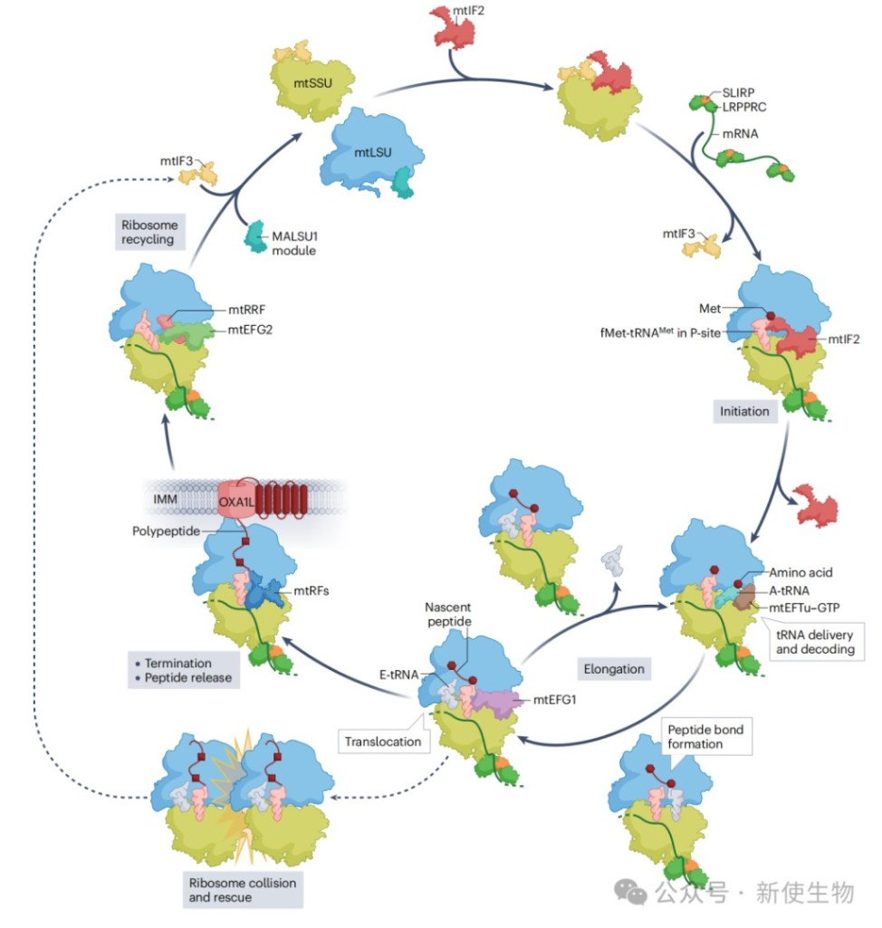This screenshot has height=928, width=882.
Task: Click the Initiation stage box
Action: (744, 411)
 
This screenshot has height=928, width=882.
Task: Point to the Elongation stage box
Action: (615, 669)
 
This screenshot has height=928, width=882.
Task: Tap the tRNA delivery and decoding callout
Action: (815, 642)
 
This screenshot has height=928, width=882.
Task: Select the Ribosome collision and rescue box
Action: (242, 890)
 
